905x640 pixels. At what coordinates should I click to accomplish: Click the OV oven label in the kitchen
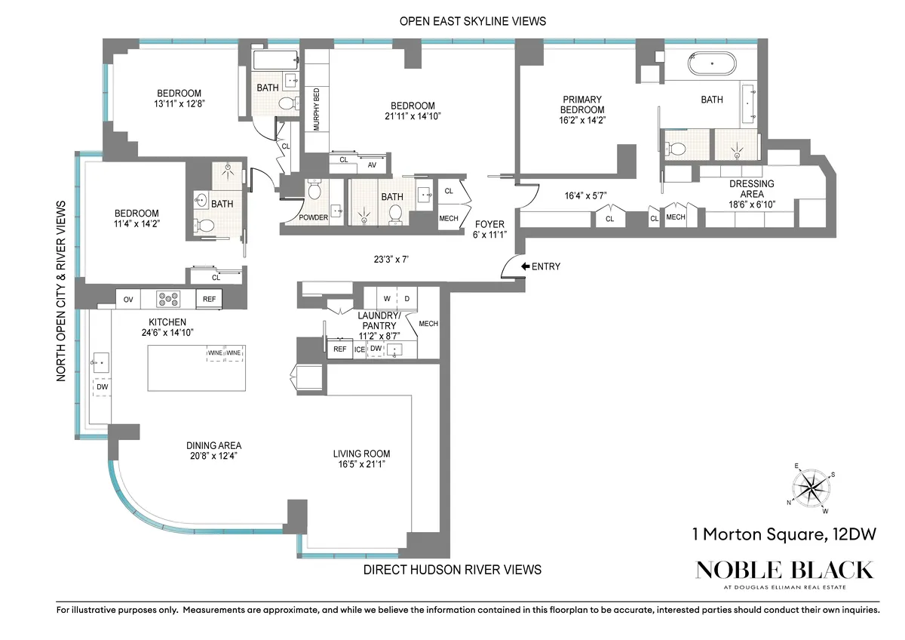point(128,300)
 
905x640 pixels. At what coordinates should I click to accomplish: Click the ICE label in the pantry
point(359,349)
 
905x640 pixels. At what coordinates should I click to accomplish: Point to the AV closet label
point(372,165)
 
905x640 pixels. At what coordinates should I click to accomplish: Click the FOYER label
point(489,223)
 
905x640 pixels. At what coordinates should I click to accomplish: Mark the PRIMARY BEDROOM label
point(582,104)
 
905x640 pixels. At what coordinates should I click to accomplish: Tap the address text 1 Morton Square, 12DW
point(784,535)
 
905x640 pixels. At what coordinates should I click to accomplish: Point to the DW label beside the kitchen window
point(103,387)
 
